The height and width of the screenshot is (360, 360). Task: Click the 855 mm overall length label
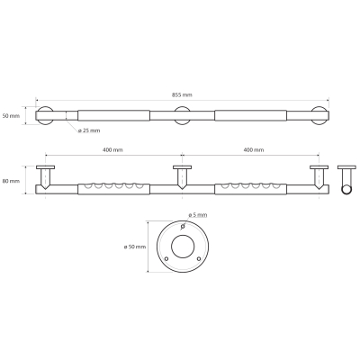click(182, 94)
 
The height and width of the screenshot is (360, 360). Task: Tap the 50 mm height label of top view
click(11, 115)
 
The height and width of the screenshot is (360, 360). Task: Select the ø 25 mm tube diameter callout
click(89, 130)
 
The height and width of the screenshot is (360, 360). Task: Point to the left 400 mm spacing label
click(112, 149)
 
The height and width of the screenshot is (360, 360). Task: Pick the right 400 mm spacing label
click(254, 149)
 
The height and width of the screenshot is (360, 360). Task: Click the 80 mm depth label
click(11, 181)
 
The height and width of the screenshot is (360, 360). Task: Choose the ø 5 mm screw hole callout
click(198, 215)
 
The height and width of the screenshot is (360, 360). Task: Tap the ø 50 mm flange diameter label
click(135, 247)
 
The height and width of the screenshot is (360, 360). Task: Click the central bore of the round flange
click(183, 247)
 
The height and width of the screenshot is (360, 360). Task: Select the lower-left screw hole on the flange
click(166, 258)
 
